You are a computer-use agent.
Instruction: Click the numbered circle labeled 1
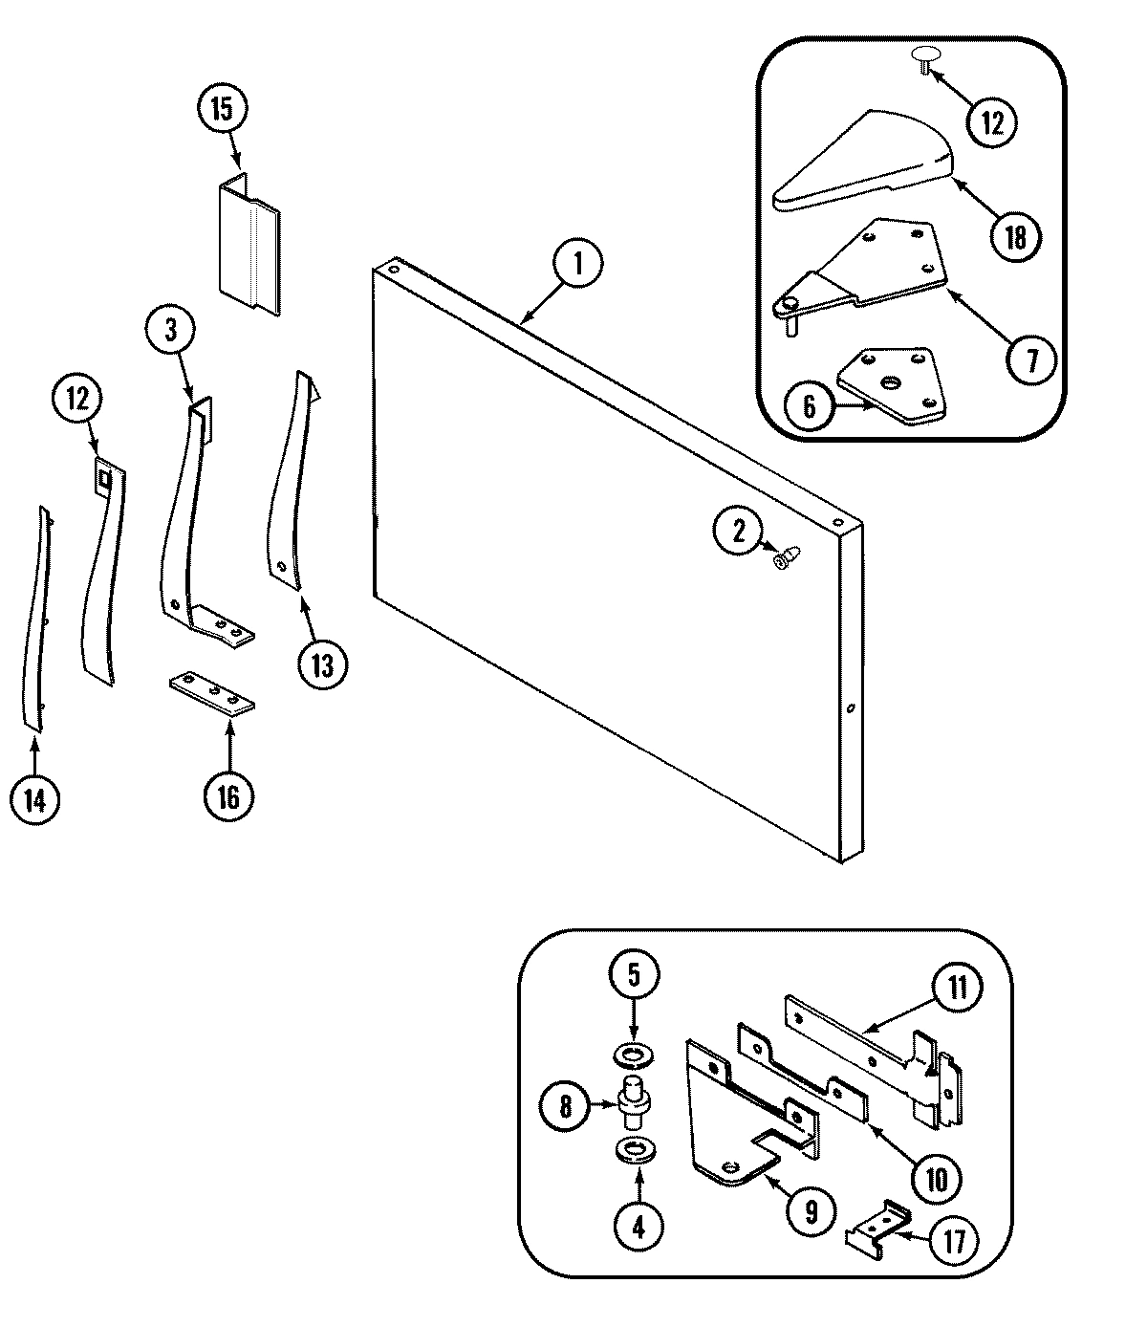click(576, 265)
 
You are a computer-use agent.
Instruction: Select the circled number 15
click(221, 108)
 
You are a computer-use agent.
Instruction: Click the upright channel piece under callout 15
click(249, 246)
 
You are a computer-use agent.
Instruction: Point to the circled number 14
click(34, 798)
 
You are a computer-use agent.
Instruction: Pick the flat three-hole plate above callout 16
click(212, 693)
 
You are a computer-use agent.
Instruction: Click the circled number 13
click(321, 664)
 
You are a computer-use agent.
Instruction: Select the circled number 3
click(171, 330)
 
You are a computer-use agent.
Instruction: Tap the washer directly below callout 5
click(631, 1055)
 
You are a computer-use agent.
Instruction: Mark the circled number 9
click(810, 1212)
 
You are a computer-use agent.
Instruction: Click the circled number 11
click(958, 989)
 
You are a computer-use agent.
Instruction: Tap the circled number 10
click(936, 1179)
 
